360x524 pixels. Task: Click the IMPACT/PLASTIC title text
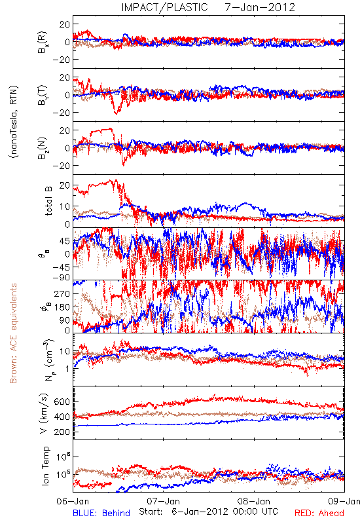click(x=164, y=7)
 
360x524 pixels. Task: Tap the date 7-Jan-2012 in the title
click(x=260, y=7)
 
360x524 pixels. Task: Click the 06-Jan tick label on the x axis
click(x=73, y=501)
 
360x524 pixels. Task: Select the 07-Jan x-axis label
click(x=164, y=501)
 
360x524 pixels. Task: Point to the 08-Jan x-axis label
click(x=254, y=501)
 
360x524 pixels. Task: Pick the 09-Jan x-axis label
click(x=344, y=501)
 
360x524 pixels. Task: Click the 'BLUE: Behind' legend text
click(x=101, y=513)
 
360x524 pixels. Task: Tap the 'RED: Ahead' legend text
click(x=319, y=513)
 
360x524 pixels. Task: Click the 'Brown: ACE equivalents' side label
click(x=13, y=333)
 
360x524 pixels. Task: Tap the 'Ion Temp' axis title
click(x=45, y=466)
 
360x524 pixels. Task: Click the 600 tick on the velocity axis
click(x=62, y=402)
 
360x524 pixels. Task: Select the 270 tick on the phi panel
click(x=63, y=294)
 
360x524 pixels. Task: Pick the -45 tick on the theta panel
click(x=61, y=267)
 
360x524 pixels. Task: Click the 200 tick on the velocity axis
click(x=62, y=432)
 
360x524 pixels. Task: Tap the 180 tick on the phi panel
click(x=63, y=307)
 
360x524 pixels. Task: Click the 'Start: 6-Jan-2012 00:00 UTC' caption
click(x=208, y=512)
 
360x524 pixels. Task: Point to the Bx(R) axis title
click(x=43, y=42)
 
